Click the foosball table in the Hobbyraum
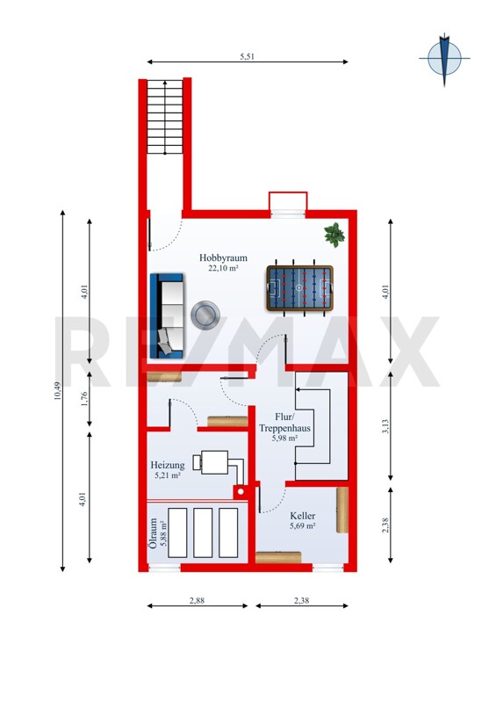(299, 287)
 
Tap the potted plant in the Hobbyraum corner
(334, 235)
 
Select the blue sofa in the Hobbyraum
(167, 316)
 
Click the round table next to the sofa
(205, 315)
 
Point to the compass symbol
(444, 59)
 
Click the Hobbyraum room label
(223, 258)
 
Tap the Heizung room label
(168, 466)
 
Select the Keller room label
(303, 516)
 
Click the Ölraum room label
(153, 533)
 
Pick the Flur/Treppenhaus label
(284, 423)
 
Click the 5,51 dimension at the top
(248, 56)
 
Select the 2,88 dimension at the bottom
(198, 600)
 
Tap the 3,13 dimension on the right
(385, 426)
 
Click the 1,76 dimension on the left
(84, 399)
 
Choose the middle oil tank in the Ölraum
(203, 533)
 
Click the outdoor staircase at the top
(165, 117)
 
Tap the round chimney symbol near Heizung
(241, 492)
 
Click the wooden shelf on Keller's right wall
(342, 510)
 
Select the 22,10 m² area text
(223, 269)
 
